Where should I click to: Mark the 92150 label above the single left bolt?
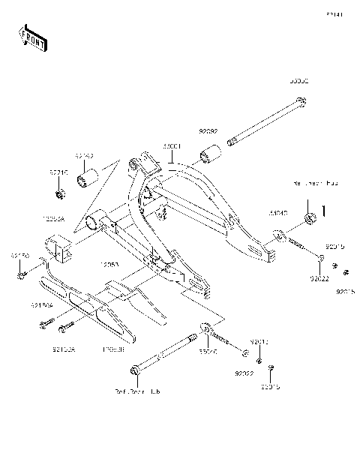pyautogui.click(x=19, y=256)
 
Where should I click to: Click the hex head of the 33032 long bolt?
pyautogui.click(x=301, y=103)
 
